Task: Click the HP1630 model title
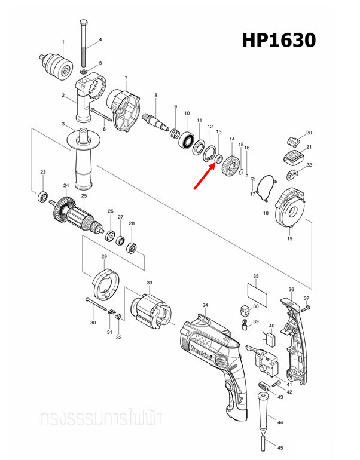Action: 278,40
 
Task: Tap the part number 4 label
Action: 100,40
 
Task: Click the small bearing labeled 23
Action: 43,195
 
